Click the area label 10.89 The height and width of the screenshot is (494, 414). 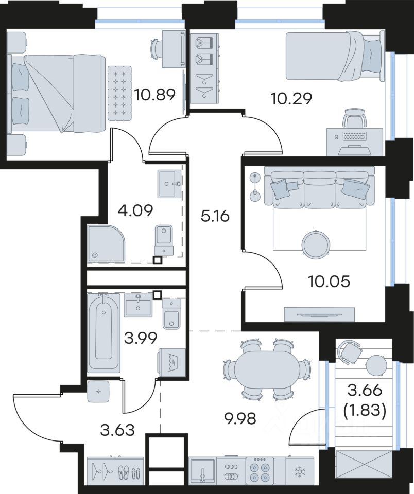coord(154,95)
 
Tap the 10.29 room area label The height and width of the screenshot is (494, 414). coord(291,98)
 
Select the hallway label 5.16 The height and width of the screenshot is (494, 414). coord(215,216)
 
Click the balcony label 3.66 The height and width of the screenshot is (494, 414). coord(365,391)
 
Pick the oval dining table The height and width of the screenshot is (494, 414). coord(266,370)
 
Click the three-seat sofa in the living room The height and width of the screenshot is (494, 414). coord(319,188)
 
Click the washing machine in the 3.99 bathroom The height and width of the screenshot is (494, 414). coord(172,362)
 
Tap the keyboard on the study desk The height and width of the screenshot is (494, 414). coord(355,136)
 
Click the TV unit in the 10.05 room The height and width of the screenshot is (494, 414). coord(319,314)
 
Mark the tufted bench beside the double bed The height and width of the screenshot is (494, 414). coord(119,93)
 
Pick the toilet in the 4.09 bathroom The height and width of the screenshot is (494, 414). coord(164,240)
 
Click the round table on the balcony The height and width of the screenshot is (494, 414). coord(376,365)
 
